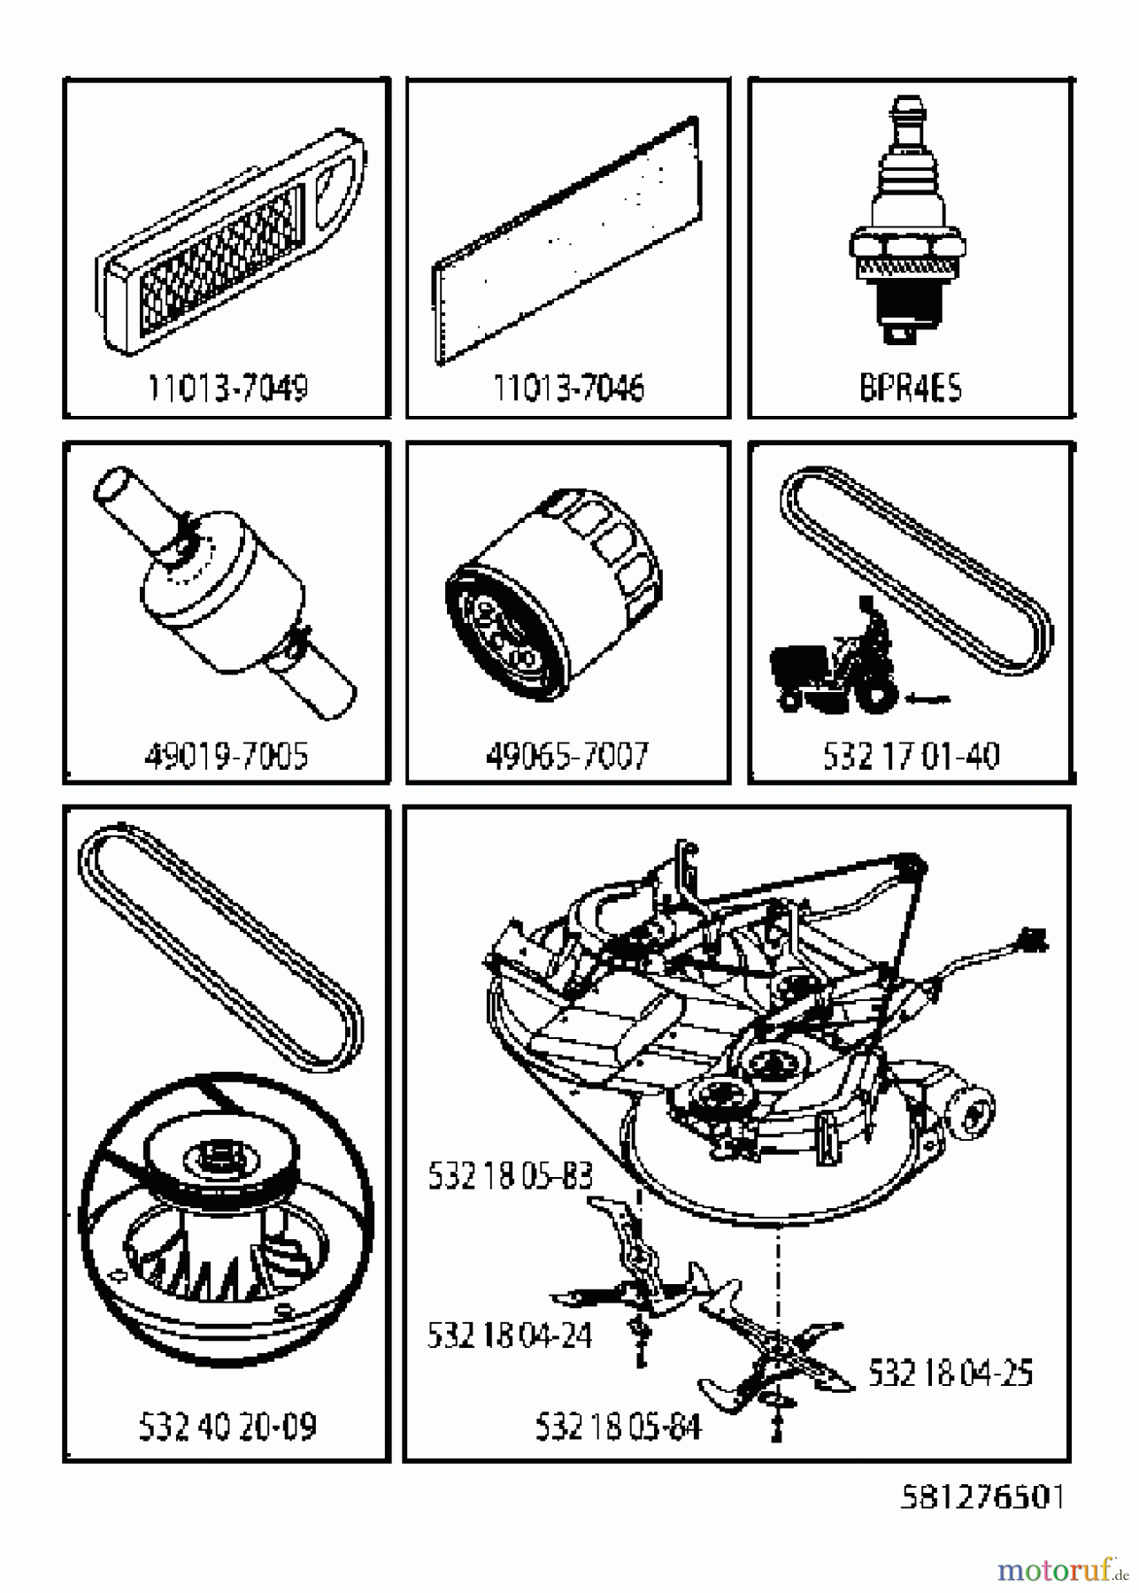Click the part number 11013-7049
pyautogui.click(x=227, y=388)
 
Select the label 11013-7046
pyautogui.click(x=568, y=388)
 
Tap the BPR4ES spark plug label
pyautogui.click(x=910, y=388)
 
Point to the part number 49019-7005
pyautogui.click(x=227, y=756)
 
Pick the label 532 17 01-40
pyautogui.click(x=911, y=756)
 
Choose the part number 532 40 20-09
pyautogui.click(x=227, y=1426)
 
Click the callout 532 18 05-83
pyautogui.click(x=510, y=1176)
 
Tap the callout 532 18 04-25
pyautogui.click(x=950, y=1373)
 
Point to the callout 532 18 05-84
pyautogui.click(x=618, y=1427)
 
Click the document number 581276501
pyautogui.click(x=981, y=1497)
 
